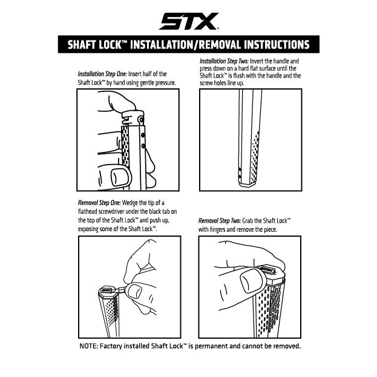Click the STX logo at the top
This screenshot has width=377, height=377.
189,21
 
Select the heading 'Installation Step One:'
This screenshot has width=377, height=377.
102,74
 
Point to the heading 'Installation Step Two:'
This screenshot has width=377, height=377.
224,61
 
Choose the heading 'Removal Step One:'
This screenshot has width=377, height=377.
99,203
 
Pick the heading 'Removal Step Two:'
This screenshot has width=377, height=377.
219,221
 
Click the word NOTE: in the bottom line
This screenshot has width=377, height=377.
88,346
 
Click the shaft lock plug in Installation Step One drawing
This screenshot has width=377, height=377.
133,118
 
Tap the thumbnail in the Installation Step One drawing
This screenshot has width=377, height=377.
119,177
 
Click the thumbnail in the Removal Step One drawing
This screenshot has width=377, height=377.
134,292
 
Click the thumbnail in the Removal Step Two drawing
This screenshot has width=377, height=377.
252,281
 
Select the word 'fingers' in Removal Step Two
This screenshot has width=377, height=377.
216,229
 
